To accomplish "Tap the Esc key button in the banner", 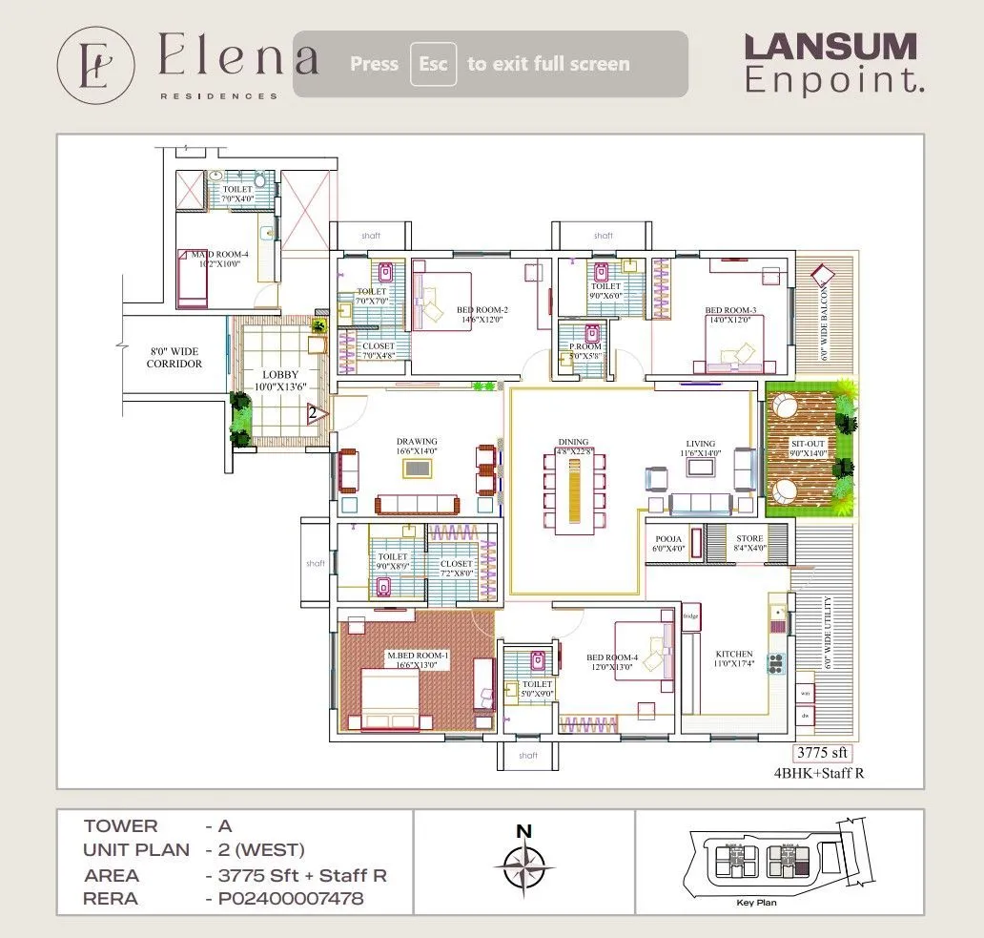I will [x=433, y=64].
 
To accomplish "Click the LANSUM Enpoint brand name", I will [x=832, y=63].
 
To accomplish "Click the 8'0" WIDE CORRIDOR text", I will [x=174, y=358].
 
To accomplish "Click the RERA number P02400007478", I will [x=284, y=899].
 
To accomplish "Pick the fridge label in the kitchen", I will [x=691, y=616].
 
